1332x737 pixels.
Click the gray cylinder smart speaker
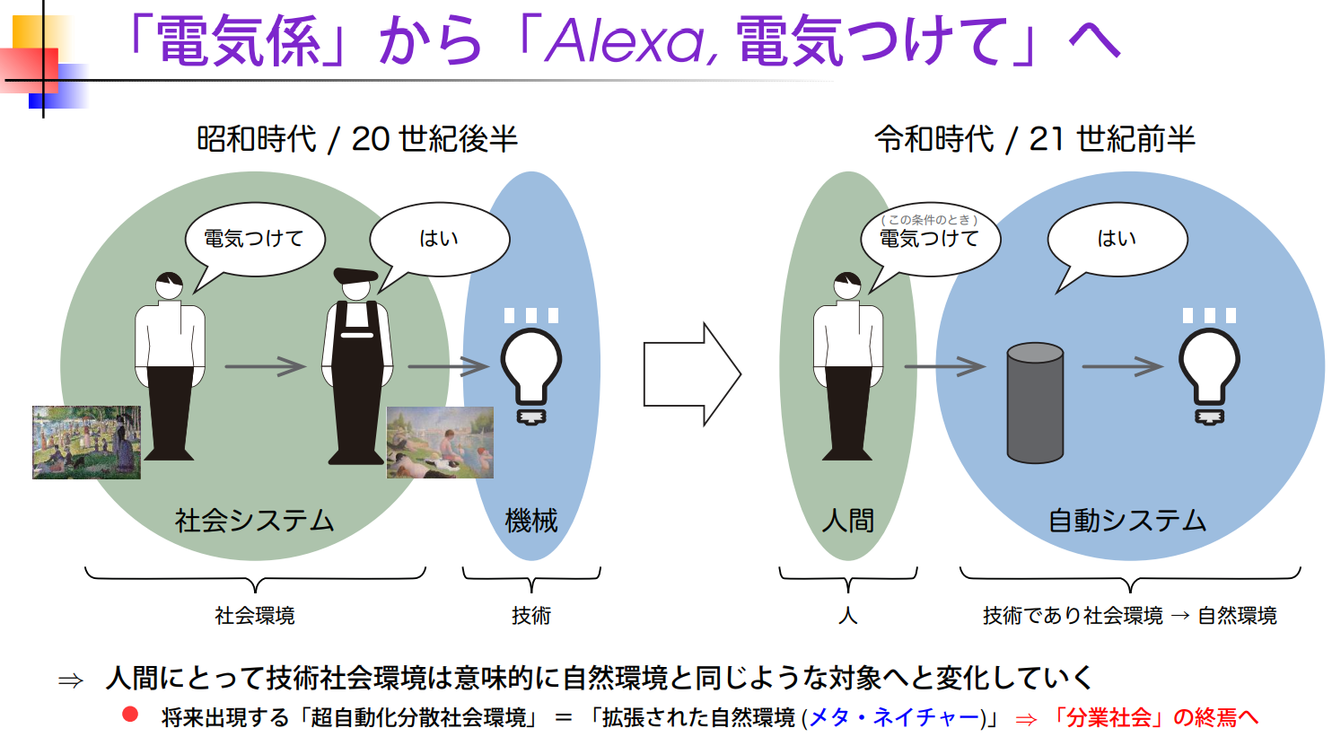pyautogui.click(x=1035, y=402)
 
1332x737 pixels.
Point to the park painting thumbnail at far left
pyautogui.click(x=86, y=442)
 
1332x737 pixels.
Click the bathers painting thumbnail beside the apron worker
pyautogui.click(x=440, y=442)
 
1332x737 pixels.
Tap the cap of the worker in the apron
pyautogui.click(x=355, y=275)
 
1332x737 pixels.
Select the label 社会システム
pyautogui.click(x=254, y=521)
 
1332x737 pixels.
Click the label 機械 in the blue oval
pyautogui.click(x=531, y=521)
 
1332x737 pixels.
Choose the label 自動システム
pyautogui.click(x=1127, y=521)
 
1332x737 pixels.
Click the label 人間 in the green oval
pyautogui.click(x=848, y=521)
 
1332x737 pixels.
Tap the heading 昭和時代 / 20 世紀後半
pyautogui.click(x=357, y=139)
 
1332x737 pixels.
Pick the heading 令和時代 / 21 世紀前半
pyautogui.click(x=1035, y=139)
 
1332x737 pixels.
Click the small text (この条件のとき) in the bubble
pyautogui.click(x=929, y=220)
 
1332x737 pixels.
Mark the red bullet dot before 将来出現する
pyautogui.click(x=131, y=715)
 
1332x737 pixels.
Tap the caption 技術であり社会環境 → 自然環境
pyautogui.click(x=1129, y=616)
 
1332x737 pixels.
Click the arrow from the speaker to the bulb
pyautogui.click(x=1122, y=366)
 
